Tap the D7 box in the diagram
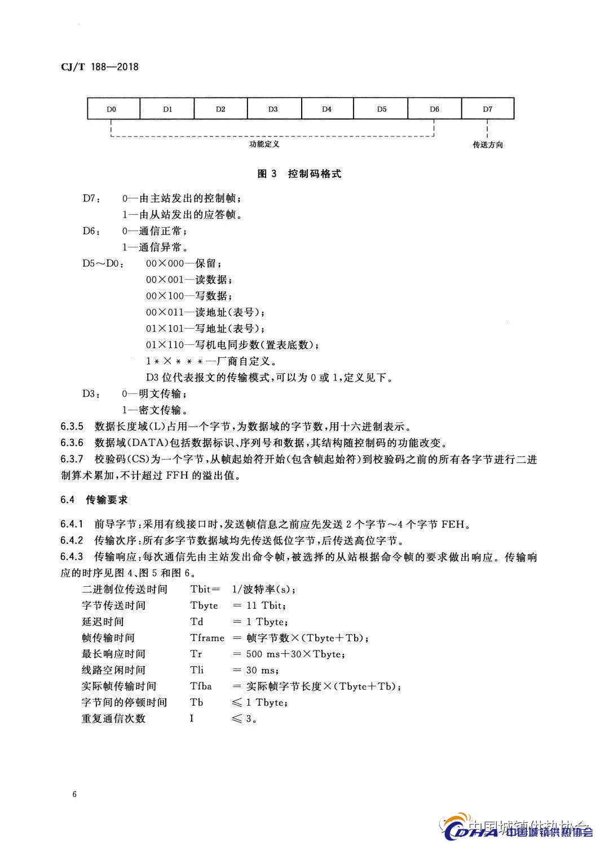pyautogui.click(x=488, y=109)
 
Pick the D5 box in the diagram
pyautogui.click(x=382, y=109)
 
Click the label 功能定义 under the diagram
pyautogui.click(x=264, y=144)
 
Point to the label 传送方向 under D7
pyautogui.click(x=488, y=145)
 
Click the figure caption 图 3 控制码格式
pyautogui.click(x=299, y=174)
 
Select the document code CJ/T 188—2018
pyautogui.click(x=99, y=67)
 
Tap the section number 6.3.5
pyautogui.click(x=72, y=426)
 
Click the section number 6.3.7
pyautogui.click(x=72, y=459)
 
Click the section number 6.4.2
pyautogui.click(x=72, y=541)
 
